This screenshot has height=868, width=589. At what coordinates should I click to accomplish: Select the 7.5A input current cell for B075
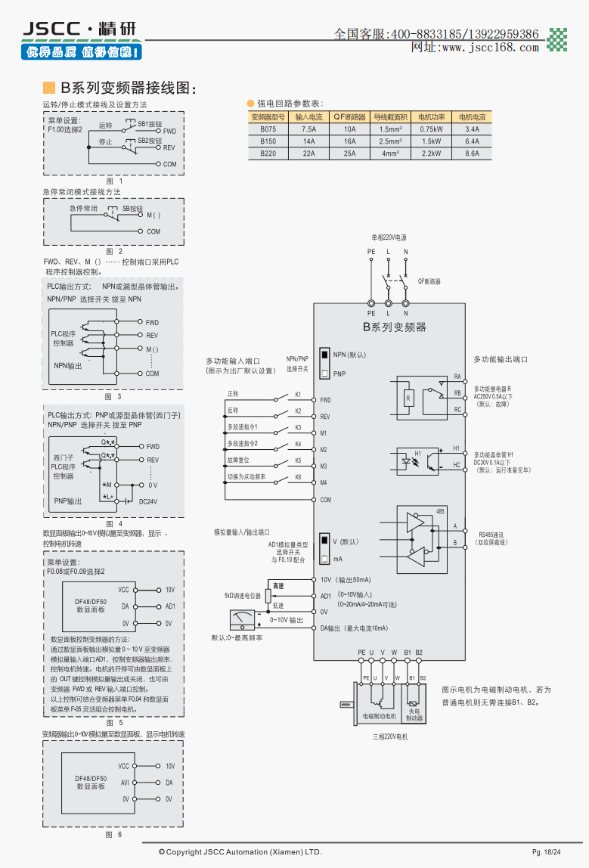click(308, 129)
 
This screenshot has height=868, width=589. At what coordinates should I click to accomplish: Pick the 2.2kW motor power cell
click(431, 153)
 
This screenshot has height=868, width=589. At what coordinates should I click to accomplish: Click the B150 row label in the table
click(268, 141)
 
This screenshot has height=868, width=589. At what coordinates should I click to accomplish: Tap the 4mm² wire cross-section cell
click(390, 153)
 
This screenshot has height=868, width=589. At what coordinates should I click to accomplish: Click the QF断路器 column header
click(349, 117)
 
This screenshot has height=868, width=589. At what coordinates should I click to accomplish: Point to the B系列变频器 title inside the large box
click(395, 327)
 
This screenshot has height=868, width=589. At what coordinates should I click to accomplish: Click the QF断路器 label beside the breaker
click(429, 281)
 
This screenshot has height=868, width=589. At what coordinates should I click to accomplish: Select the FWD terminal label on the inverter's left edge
click(325, 400)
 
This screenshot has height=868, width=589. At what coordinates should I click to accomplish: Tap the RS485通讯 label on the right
click(490, 535)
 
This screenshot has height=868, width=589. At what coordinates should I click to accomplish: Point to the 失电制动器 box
click(416, 715)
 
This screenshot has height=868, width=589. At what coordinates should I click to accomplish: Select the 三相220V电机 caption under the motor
click(390, 736)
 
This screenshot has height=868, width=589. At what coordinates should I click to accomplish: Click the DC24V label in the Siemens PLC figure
click(147, 501)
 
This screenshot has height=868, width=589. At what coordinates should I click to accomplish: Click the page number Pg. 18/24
click(546, 852)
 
